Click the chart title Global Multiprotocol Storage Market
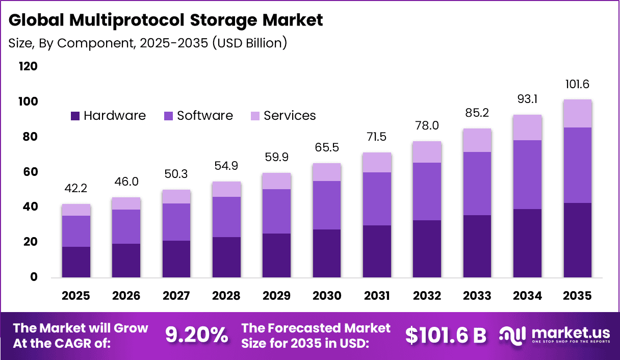click(166, 20)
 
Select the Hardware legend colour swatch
click(75, 116)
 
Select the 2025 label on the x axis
click(76, 296)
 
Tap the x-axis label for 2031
click(377, 296)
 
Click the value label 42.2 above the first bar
click(76, 189)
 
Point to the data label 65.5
click(326, 148)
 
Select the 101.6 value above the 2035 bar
click(577, 84)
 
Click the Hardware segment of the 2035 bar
click(577, 240)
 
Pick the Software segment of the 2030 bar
click(326, 205)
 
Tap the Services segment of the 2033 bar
click(477, 140)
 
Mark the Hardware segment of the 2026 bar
click(126, 261)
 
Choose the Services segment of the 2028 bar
click(226, 189)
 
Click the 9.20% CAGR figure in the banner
click(196, 335)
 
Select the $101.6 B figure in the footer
click(446, 335)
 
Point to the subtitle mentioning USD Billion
click(148, 43)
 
